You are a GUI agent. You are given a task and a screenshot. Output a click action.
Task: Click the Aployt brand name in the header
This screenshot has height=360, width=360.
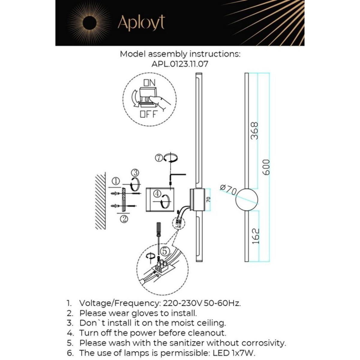[x=141, y=22]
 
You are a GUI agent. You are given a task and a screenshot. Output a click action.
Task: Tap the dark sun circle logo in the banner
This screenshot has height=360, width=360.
[x=89, y=22]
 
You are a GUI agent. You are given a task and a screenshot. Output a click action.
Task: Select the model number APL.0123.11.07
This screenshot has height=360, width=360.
[x=180, y=64]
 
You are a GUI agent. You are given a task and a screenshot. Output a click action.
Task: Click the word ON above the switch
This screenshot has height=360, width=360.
[x=149, y=82]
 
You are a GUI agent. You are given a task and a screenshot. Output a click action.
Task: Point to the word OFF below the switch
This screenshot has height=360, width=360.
[x=148, y=114]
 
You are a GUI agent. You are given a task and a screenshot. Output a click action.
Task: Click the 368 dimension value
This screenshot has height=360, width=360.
[x=254, y=131]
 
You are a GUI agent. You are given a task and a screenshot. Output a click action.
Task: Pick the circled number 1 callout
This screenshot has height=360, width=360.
[x=116, y=181]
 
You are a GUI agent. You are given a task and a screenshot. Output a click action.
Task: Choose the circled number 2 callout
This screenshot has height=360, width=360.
[x=124, y=219]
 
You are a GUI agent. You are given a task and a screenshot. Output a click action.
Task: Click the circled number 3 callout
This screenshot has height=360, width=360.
[x=135, y=173]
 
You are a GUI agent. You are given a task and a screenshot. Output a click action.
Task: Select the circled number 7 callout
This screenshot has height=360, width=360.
[x=159, y=157]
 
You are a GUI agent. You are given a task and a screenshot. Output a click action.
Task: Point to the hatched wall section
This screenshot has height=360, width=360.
[x=100, y=201]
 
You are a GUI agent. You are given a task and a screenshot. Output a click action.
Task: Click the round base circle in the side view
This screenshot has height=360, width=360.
[x=247, y=199]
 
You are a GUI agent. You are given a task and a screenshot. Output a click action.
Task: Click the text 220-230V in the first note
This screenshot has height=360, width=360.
[x=183, y=303]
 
